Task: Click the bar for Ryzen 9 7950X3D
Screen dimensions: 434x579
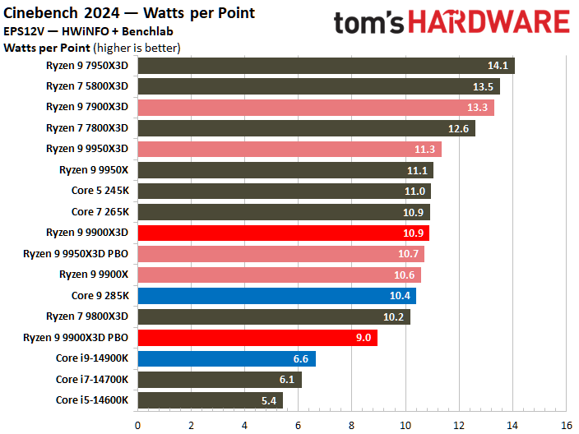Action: click(326, 66)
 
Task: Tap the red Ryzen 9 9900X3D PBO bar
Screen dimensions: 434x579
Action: click(257, 337)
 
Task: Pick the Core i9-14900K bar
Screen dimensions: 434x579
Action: click(226, 358)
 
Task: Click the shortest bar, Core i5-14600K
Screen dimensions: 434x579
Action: click(210, 400)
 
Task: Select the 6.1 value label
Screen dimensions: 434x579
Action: click(285, 380)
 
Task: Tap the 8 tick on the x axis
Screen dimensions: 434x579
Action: click(352, 425)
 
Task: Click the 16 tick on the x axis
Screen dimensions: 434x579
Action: click(566, 425)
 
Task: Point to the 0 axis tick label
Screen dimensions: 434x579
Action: click(138, 425)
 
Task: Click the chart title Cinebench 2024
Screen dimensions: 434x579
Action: click(129, 13)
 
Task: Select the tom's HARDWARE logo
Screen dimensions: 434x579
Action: click(451, 22)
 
